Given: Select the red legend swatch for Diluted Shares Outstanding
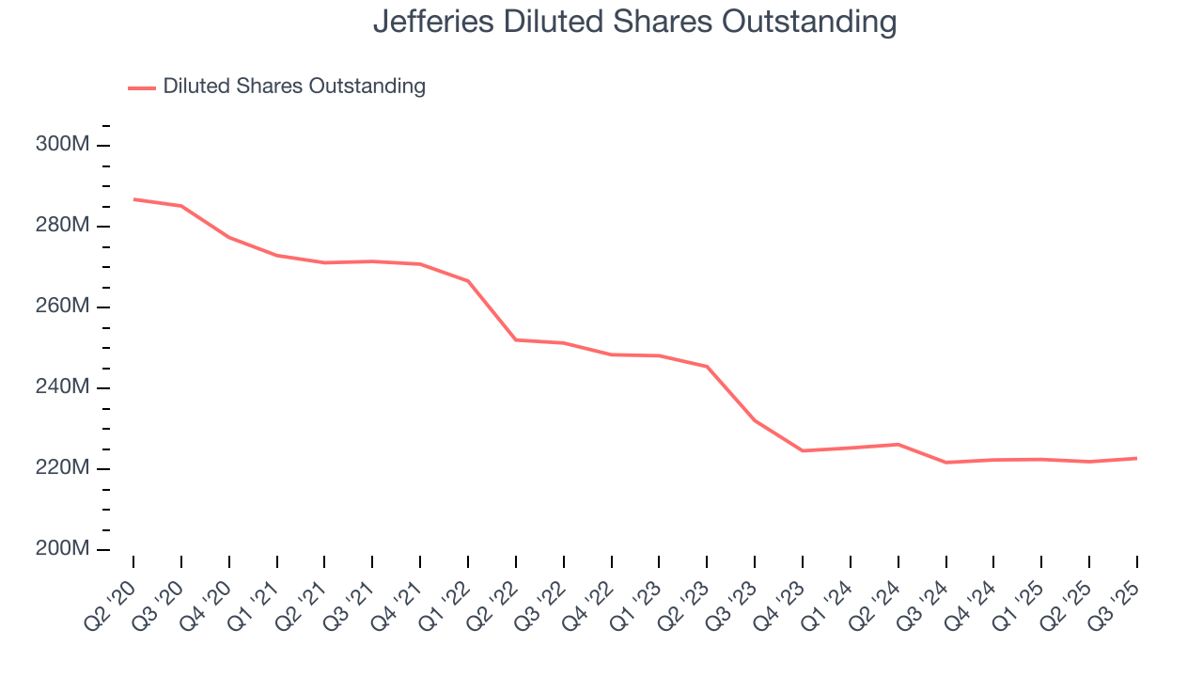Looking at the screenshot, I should (141, 87).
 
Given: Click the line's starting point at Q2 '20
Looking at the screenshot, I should (133, 199).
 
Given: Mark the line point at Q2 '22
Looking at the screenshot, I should (516, 339).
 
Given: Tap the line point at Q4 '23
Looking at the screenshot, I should (803, 450).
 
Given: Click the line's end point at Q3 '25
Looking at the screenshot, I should (1137, 458).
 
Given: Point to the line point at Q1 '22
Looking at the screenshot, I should (468, 280).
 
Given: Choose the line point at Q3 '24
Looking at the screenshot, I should (946, 463).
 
